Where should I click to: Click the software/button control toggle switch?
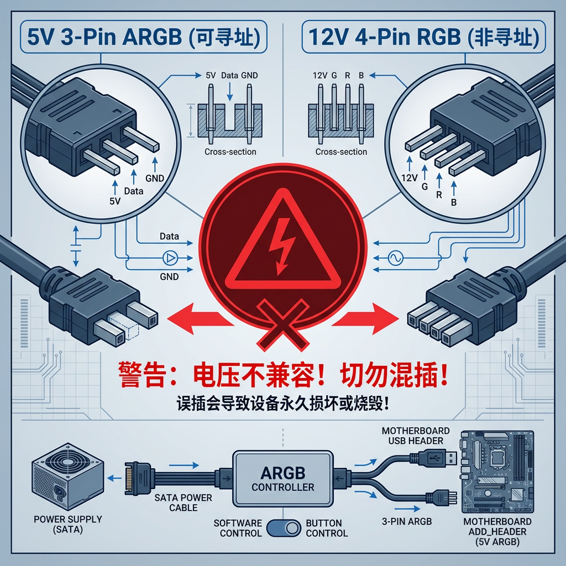(x=283, y=528)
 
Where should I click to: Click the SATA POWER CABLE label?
(x=183, y=502)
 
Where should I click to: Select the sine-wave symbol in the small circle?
(x=396, y=258)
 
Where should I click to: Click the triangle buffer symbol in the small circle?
(x=169, y=258)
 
